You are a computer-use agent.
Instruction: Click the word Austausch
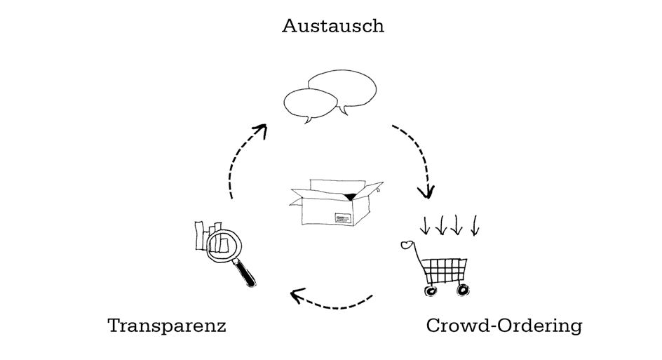tap(332, 27)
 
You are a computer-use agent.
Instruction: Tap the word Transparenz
tap(167, 326)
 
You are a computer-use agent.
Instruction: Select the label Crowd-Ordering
tap(504, 326)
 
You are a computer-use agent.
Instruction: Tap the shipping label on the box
tap(343, 218)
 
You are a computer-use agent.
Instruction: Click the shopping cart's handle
tap(407, 245)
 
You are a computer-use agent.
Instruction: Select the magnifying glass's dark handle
tap(246, 274)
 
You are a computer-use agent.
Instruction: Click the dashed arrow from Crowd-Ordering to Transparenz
tap(332, 302)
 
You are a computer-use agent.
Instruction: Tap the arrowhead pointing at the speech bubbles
tap(261, 130)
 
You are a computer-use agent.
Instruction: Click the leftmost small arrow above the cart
tap(424, 227)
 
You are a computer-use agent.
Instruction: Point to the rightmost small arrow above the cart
tap(475, 227)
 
